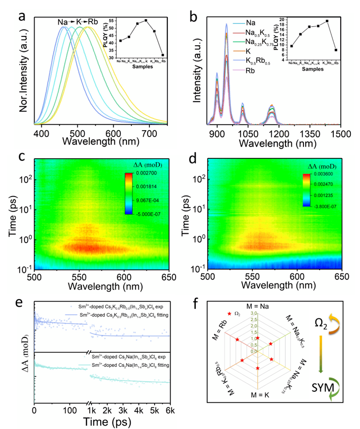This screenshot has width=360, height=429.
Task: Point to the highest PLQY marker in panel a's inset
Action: coord(146,20)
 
